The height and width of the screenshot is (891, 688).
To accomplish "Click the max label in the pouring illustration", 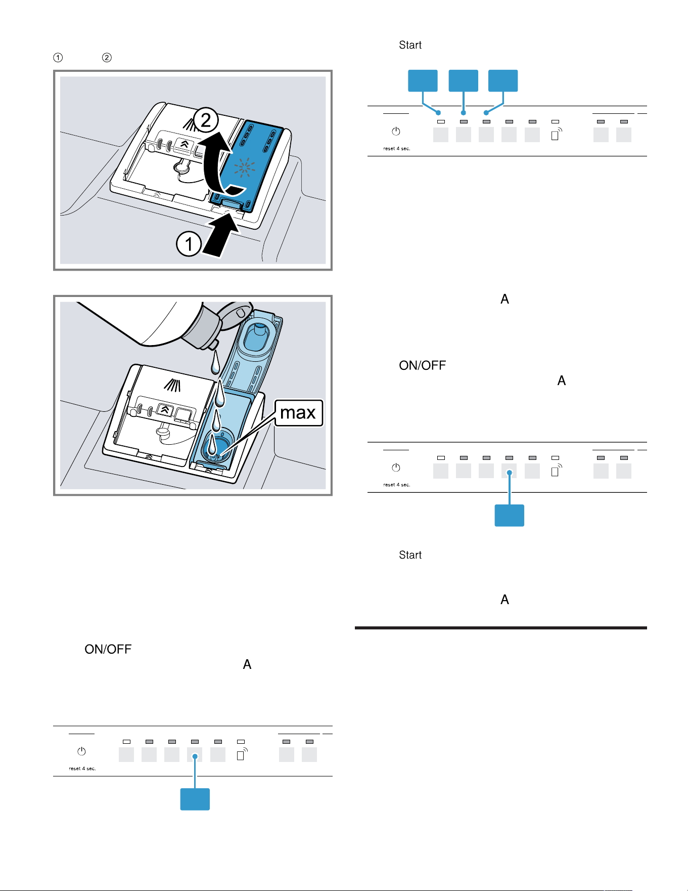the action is click(x=298, y=413).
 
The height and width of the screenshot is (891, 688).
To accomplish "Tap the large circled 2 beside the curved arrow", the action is click(x=205, y=120).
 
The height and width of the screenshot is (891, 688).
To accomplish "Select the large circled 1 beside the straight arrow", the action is click(x=189, y=244).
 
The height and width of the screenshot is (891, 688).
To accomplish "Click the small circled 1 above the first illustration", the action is click(x=58, y=58).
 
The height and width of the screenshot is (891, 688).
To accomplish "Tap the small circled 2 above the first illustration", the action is click(x=107, y=58).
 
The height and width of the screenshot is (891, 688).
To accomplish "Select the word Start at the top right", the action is click(x=410, y=45).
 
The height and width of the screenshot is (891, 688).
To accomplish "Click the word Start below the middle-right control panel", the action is click(x=410, y=555).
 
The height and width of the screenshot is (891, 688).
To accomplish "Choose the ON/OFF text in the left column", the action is click(x=108, y=649).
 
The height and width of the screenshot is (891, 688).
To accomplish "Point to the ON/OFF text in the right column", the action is click(x=423, y=365).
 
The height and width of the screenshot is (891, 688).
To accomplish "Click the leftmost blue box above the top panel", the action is click(x=423, y=80).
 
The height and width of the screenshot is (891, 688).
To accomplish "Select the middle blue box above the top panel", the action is click(x=464, y=80).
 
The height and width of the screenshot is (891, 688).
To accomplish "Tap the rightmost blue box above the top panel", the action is click(x=503, y=80).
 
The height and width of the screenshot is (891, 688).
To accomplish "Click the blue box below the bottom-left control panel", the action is click(x=195, y=799).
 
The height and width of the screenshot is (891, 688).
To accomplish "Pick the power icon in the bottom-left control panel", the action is click(x=81, y=751).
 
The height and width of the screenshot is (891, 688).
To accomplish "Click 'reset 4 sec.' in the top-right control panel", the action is click(x=397, y=148).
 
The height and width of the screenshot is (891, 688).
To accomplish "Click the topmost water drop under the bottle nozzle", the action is click(x=216, y=362).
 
